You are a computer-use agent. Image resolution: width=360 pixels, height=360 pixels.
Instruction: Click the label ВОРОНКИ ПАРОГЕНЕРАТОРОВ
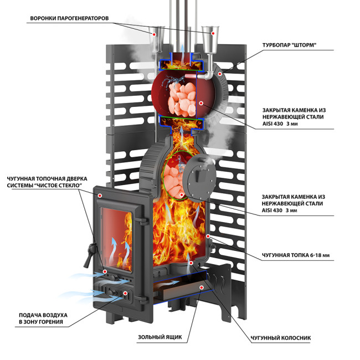69,18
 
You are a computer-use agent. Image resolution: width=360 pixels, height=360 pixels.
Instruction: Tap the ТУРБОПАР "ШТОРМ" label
289,45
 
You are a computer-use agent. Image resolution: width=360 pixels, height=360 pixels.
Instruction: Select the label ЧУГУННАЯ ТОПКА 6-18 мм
296,255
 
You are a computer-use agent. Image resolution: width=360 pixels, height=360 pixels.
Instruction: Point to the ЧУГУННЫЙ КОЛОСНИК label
281,338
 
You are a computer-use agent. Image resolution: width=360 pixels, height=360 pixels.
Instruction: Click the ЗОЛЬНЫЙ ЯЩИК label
160,337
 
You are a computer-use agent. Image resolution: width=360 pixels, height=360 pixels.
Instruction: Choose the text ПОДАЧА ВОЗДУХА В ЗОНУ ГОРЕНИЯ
43,318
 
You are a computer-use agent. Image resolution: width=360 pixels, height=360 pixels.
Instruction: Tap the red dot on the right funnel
213,33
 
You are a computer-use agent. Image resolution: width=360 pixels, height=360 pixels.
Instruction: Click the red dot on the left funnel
155,34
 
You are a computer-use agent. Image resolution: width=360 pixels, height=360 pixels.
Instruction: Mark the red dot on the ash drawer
202,287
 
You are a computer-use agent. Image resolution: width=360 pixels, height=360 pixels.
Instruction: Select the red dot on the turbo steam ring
220,74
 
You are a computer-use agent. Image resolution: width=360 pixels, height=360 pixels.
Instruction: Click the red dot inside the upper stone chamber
201,104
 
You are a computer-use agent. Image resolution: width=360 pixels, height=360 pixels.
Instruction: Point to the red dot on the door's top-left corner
100,196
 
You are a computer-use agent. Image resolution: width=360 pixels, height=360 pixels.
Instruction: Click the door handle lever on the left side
90,254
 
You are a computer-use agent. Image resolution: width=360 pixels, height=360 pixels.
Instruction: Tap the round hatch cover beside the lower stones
199,178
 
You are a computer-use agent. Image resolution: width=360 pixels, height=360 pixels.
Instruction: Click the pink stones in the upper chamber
182,99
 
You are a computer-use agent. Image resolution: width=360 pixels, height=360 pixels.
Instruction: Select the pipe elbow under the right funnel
209,75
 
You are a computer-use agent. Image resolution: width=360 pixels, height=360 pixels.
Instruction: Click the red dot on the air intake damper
125,293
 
